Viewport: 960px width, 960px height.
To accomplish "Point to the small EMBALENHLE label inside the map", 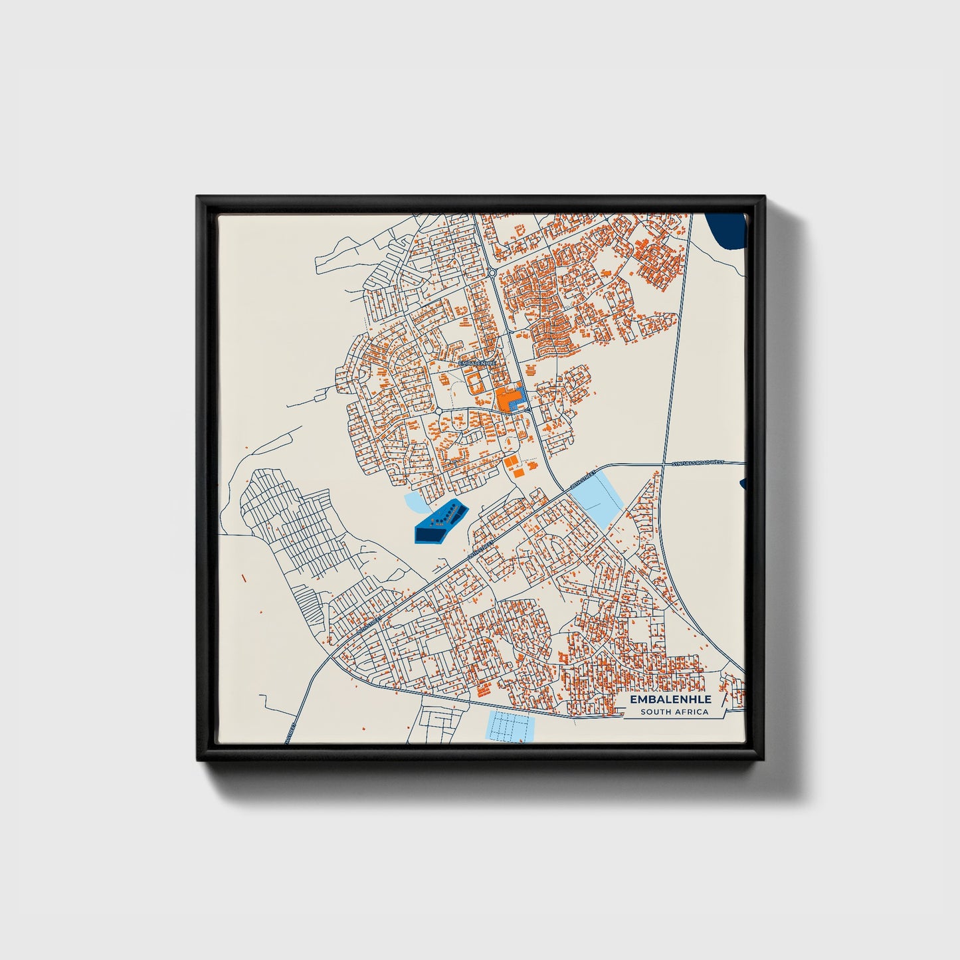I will point(477,363).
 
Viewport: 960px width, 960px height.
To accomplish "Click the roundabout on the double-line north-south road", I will point(492,272).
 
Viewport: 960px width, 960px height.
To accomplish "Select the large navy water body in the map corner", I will point(727,229).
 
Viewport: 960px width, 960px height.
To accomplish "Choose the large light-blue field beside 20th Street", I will point(597,497).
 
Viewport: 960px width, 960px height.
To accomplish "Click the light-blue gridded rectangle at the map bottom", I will point(510,725).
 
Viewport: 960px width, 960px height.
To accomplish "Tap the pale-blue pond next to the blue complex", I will point(417,503).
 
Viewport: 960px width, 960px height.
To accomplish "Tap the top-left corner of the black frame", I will point(197,197).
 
